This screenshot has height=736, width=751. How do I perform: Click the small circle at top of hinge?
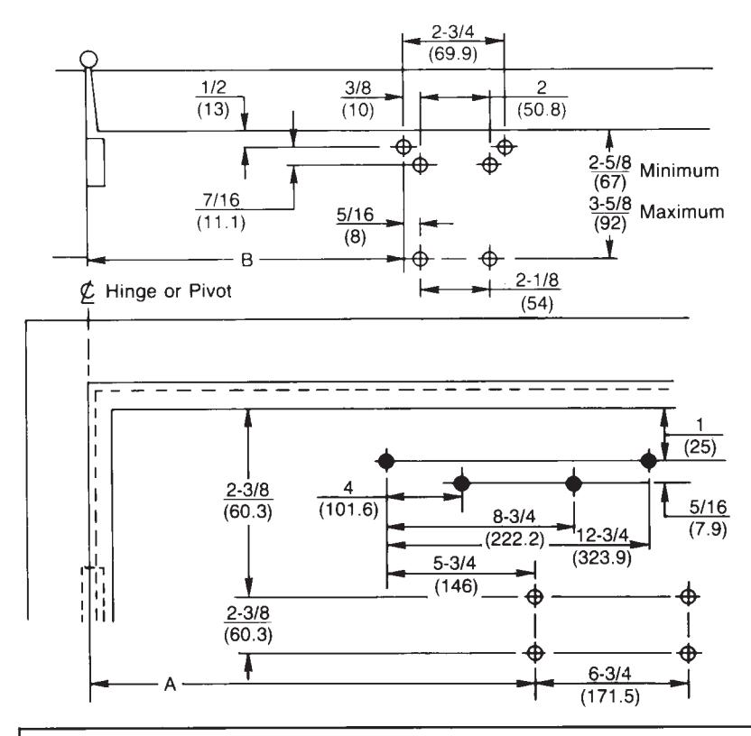[88, 60]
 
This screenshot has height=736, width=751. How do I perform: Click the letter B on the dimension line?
[246, 260]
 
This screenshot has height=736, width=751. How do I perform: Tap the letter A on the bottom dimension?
[170, 685]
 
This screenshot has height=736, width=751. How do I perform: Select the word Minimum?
[679, 170]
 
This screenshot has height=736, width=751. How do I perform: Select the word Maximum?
[681, 212]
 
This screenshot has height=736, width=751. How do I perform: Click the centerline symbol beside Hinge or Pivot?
[88, 292]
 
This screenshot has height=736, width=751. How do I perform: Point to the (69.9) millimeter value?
[452, 53]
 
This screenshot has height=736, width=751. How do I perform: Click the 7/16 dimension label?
[221, 200]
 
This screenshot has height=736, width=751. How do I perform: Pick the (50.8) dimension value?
[542, 109]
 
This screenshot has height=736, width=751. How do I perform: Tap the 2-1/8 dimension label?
[537, 281]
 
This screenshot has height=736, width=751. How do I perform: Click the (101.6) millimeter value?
[348, 510]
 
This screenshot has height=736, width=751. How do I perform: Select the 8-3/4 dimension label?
[514, 516]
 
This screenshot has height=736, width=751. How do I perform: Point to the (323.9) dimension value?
[601, 557]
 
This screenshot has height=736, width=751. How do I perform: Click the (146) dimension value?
[456, 586]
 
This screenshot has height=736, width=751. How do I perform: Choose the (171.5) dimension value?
[610, 696]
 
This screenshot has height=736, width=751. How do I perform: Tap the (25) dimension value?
[700, 447]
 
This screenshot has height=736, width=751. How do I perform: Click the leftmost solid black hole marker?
[386, 461]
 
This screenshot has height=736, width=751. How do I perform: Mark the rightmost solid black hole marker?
[648, 461]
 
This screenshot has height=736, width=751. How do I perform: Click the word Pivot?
[210, 291]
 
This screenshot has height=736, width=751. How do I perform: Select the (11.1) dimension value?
[221, 223]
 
